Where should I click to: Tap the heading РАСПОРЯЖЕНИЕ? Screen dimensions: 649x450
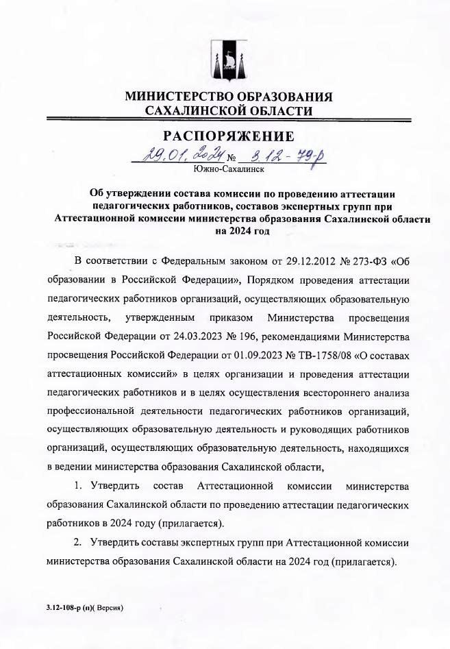pyautogui.click(x=228, y=136)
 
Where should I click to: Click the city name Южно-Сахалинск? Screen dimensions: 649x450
pyautogui.click(x=228, y=168)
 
